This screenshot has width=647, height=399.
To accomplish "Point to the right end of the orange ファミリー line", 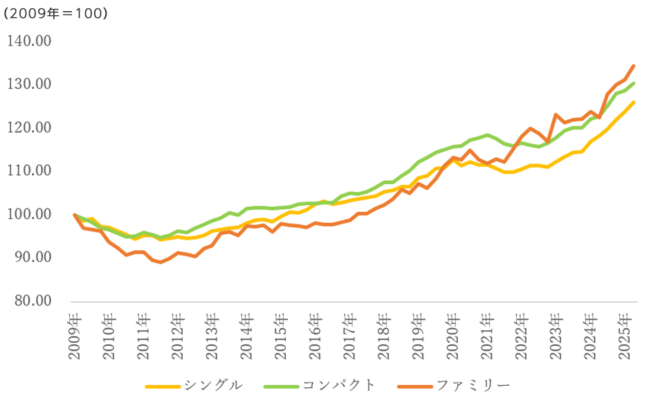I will point(634,66).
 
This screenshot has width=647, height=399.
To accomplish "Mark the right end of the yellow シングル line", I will point(634,103).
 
